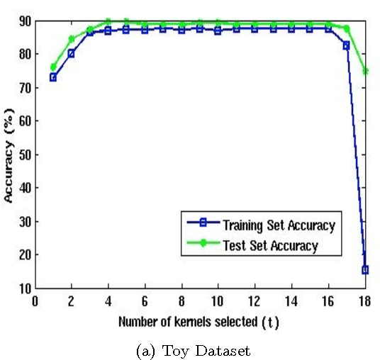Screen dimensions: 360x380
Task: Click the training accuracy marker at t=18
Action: pos(364,269)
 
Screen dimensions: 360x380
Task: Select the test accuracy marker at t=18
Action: pos(364,71)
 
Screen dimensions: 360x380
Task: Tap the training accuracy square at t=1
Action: pos(52,77)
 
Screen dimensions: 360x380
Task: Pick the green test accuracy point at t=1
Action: pos(52,67)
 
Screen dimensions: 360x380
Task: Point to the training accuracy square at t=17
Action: pos(346,45)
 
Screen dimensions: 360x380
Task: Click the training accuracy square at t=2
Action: pos(71,54)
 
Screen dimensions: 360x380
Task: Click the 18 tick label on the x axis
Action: pos(364,300)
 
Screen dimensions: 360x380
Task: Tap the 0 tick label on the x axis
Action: pos(34,300)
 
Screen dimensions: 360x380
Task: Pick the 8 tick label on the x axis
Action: pos(181,300)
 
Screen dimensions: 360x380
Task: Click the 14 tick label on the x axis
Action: pos(291,300)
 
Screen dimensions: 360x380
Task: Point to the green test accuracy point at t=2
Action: pos(71,39)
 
